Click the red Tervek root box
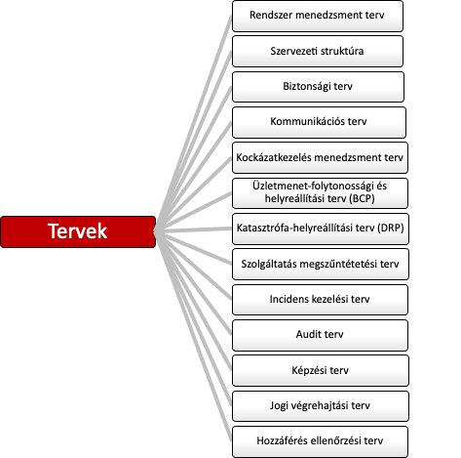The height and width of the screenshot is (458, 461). click(78, 231)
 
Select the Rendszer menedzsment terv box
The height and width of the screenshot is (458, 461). click(318, 16)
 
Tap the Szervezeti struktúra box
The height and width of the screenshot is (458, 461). click(318, 52)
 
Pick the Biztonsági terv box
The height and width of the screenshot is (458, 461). click(318, 87)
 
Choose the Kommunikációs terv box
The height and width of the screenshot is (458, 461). click(319, 122)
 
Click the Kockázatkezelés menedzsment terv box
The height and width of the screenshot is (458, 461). click(320, 157)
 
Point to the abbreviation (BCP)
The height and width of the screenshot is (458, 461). click(362, 198)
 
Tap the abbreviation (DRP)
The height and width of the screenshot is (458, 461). click(391, 228)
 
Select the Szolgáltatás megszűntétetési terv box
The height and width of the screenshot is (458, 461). click(321, 264)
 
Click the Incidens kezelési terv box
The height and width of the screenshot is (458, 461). click(320, 300)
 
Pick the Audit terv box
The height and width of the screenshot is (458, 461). click(320, 335)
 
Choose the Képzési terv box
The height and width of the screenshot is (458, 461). click(321, 371)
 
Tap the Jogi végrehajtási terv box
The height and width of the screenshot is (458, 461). click(321, 406)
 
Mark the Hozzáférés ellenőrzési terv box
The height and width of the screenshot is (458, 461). click(320, 441)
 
